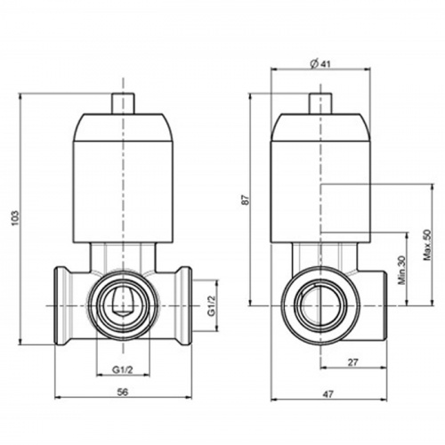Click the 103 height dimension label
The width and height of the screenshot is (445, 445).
point(15,218)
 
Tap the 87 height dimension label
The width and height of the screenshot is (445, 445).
point(246,200)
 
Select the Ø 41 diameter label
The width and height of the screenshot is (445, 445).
point(320,64)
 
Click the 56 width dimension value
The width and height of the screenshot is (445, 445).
point(123,392)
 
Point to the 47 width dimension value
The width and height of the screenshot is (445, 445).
point(328,394)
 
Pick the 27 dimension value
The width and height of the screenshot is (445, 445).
point(353,362)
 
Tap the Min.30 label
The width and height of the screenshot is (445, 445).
point(401,271)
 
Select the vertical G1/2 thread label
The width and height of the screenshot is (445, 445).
point(211,306)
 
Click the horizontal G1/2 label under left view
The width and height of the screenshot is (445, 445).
point(123,369)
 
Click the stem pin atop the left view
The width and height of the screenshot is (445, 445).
point(124,103)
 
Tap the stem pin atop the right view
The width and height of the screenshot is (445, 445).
point(320,103)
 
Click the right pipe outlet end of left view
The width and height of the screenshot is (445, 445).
point(184,306)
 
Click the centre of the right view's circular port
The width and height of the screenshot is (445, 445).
point(320,305)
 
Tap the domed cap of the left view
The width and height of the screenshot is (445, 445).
point(123,127)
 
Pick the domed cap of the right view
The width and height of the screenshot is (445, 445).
point(320,127)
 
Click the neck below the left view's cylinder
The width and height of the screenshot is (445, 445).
point(123,257)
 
